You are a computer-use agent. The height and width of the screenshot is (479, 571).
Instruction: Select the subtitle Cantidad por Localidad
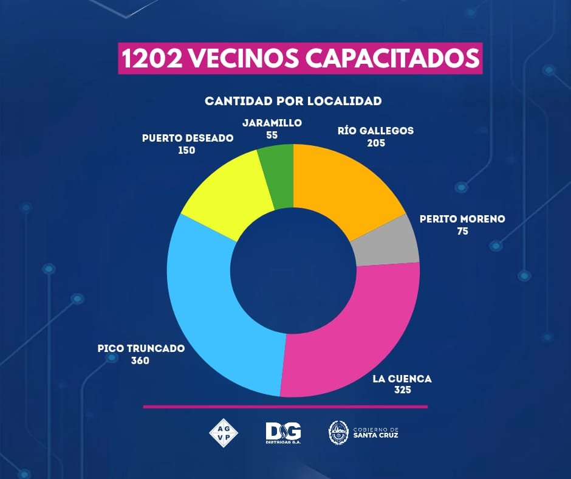[x=293, y=100]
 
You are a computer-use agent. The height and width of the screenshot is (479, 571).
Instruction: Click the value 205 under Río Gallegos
[x=376, y=143]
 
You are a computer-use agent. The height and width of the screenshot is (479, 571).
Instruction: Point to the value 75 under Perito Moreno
[x=462, y=232]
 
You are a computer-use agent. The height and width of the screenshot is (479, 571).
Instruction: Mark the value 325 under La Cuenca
[x=402, y=390]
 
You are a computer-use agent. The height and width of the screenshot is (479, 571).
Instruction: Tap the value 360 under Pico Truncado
[x=140, y=360]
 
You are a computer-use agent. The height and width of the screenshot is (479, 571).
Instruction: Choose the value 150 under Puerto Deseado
[x=186, y=150]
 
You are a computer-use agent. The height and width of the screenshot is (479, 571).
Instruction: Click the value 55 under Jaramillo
[x=272, y=134]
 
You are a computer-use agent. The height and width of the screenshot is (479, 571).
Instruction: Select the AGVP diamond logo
[x=223, y=432]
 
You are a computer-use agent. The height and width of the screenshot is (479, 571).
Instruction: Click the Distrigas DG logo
[x=283, y=432]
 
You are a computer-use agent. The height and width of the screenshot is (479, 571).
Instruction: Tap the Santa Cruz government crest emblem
[x=338, y=432]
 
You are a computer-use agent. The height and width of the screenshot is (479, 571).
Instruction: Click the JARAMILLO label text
[x=272, y=122]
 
